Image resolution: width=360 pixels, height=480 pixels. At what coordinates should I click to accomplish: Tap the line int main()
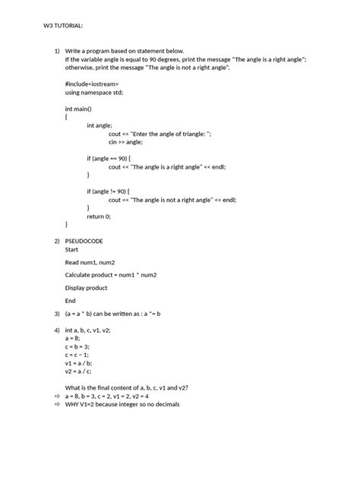click(x=81, y=109)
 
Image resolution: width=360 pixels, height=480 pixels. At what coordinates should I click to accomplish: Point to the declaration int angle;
click(x=100, y=125)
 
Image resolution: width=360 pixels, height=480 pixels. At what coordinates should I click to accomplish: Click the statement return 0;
click(x=99, y=216)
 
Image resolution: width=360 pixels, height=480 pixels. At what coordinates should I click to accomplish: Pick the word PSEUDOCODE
click(x=84, y=241)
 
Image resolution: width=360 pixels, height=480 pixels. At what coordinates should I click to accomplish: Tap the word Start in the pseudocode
click(x=72, y=249)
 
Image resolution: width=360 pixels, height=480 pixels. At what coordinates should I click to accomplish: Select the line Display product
click(x=86, y=288)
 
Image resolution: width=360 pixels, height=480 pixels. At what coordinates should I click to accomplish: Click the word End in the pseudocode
click(x=71, y=301)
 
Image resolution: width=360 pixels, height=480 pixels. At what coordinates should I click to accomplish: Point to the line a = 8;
click(x=74, y=338)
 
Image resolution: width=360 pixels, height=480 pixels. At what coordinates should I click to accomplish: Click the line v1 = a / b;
click(x=80, y=363)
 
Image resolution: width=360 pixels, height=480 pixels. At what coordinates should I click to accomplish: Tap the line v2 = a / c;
click(x=79, y=371)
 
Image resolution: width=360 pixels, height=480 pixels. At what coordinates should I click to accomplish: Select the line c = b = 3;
click(x=78, y=346)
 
